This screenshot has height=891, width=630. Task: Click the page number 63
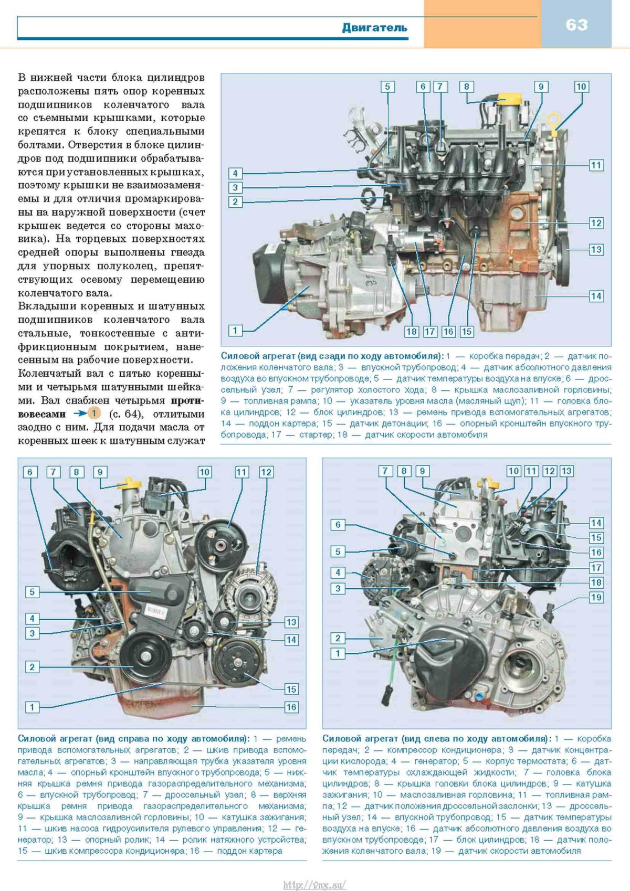pos(576,25)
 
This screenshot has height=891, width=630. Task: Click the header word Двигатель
pos(374,27)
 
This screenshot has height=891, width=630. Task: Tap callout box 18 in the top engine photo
pos(411,331)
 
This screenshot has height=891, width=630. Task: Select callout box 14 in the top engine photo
pos(596,296)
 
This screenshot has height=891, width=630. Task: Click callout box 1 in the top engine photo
pos(235,331)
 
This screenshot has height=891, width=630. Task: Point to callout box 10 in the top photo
pos(581,87)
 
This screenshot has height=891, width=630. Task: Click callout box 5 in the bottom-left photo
pos(32,592)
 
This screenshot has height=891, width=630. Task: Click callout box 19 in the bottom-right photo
pos(596,597)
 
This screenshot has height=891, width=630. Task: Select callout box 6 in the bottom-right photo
pos(338,525)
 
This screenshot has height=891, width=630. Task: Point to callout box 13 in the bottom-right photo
pos(566,471)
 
